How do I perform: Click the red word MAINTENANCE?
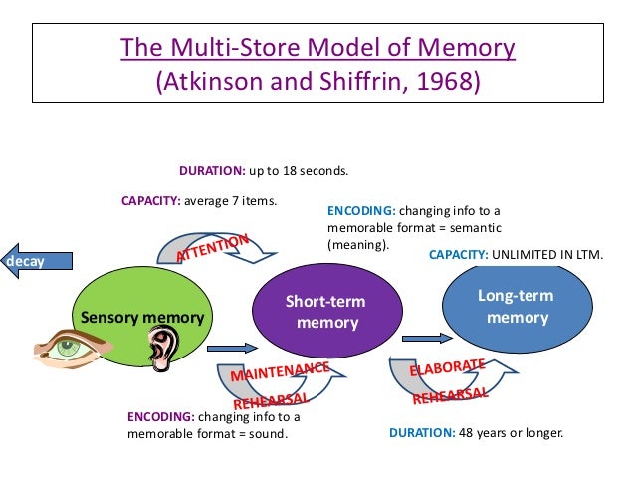280,374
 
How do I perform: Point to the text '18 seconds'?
316,170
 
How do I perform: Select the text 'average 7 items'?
230,199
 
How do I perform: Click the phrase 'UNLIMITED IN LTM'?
546,254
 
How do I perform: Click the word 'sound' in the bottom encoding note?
269,433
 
